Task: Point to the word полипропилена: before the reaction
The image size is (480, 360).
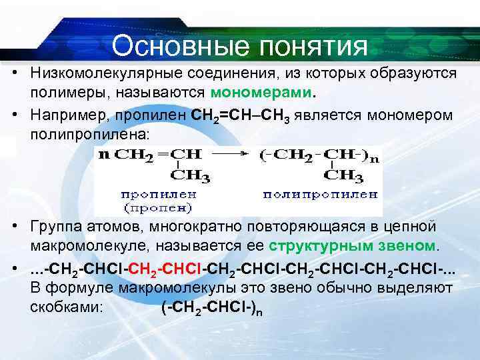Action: click(91, 134)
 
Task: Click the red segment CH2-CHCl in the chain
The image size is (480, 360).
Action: click(170, 268)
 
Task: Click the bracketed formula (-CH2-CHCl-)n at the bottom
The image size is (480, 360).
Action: click(211, 309)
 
